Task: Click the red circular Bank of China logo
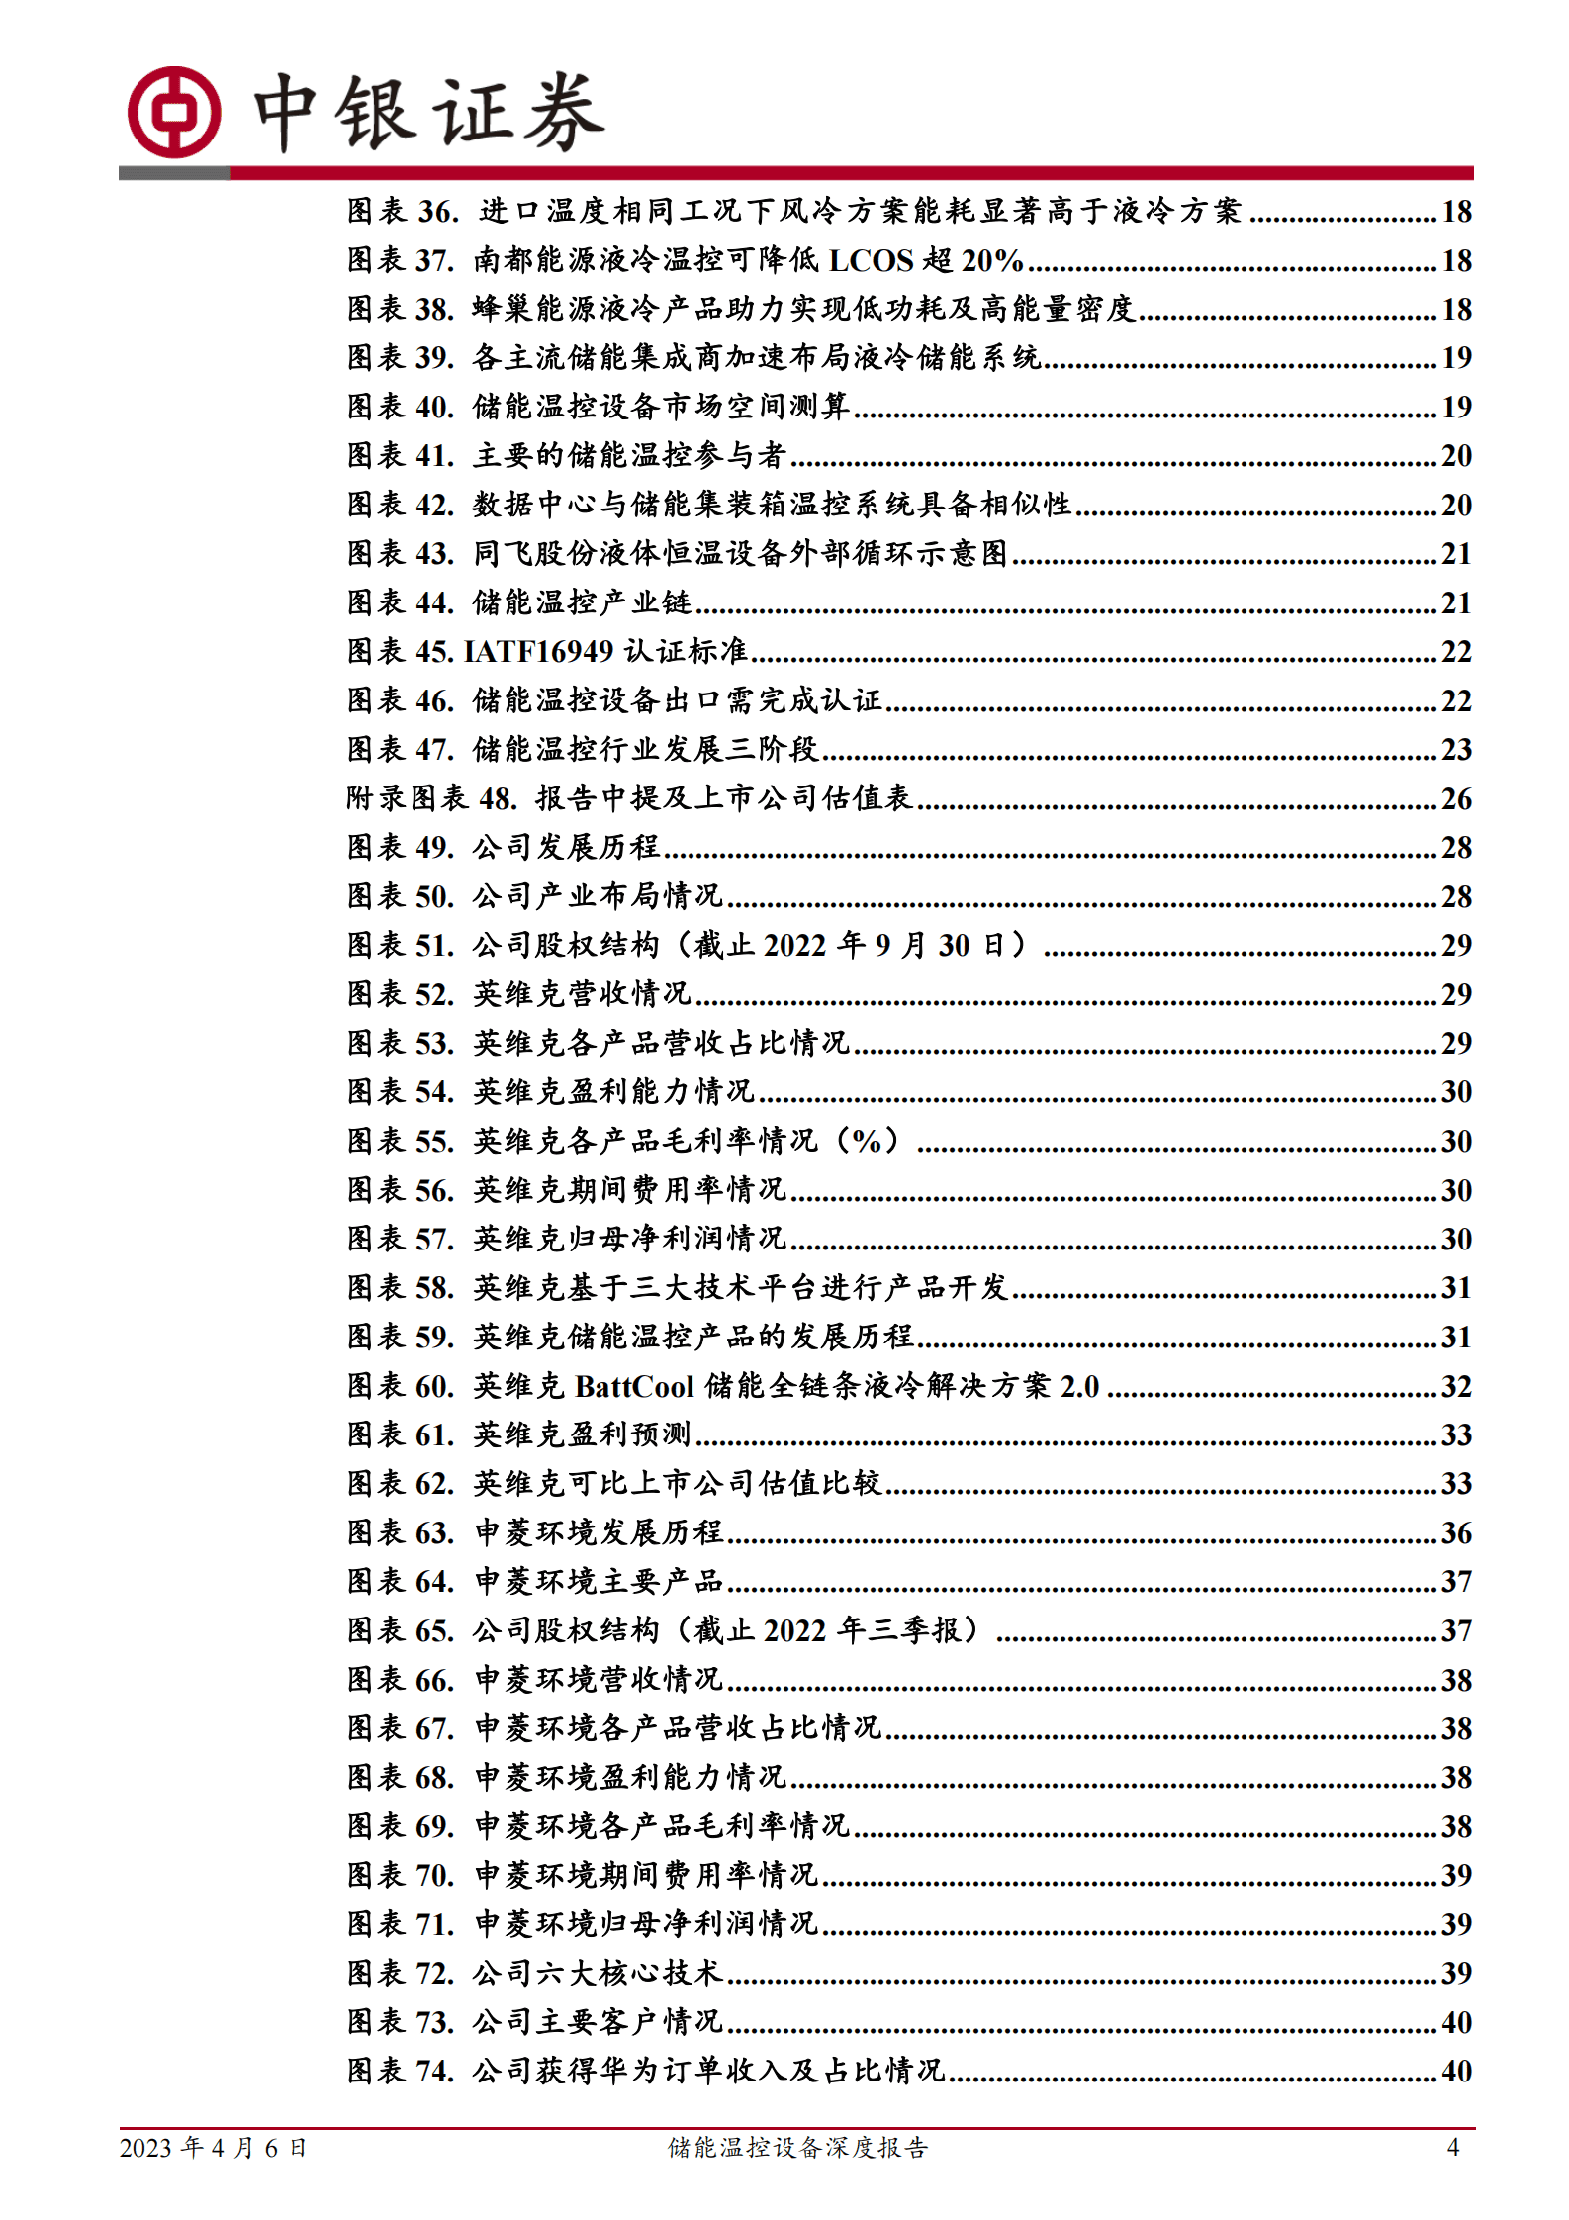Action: (x=174, y=113)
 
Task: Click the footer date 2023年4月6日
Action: (x=213, y=2147)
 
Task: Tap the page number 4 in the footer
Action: (x=1452, y=2146)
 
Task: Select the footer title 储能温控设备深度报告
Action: (x=797, y=2147)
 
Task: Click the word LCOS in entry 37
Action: (x=871, y=260)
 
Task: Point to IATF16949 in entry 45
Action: (x=540, y=651)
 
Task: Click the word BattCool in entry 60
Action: (x=634, y=1386)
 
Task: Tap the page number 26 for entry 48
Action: (x=1456, y=798)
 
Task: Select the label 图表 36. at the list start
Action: (x=403, y=211)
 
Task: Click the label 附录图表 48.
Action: (x=431, y=798)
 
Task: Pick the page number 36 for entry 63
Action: (x=1456, y=1532)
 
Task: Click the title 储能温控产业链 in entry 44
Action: (x=582, y=602)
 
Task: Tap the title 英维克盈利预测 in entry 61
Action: (x=582, y=1434)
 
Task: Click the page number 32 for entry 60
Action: (x=1456, y=1386)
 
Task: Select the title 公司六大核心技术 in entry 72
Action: (x=598, y=1973)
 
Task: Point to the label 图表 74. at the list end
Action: (x=401, y=2071)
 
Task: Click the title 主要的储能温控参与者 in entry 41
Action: (x=629, y=455)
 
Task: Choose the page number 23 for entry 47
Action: (x=1456, y=749)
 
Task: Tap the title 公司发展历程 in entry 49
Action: (x=566, y=847)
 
